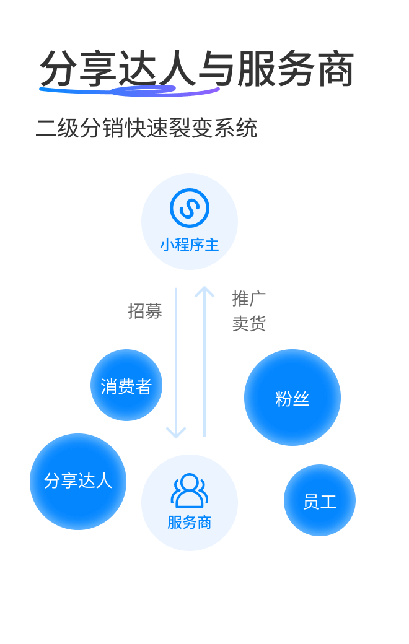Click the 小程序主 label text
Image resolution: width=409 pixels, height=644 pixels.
click(x=190, y=245)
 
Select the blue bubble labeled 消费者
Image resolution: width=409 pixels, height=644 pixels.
click(x=126, y=385)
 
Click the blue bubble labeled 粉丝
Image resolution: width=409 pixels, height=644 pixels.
click(x=292, y=398)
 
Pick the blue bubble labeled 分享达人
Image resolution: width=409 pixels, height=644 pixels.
click(x=78, y=481)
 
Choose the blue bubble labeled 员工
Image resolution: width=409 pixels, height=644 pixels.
click(x=320, y=500)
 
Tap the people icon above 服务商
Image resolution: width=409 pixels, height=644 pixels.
click(x=190, y=490)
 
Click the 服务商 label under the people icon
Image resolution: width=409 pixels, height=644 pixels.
click(x=190, y=523)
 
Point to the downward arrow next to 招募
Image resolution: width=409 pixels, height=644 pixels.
click(x=176, y=363)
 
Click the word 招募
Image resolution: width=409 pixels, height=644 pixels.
click(x=145, y=311)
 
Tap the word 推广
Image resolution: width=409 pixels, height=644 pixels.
click(x=248, y=298)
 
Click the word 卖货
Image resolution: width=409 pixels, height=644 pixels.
click(x=248, y=324)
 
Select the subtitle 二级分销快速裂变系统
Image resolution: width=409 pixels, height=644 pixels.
click(x=146, y=129)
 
